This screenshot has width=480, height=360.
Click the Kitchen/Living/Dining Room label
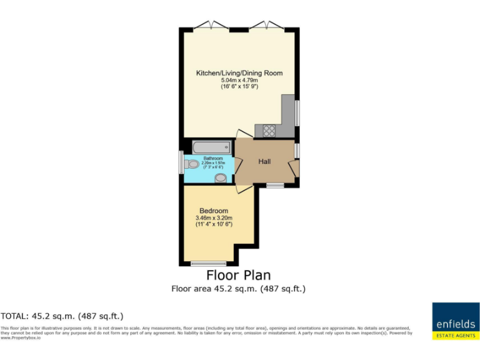click(239, 73)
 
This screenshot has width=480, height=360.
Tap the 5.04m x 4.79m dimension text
click(239, 80)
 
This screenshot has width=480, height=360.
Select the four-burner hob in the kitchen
click(270, 131)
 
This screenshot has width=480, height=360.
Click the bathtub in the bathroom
click(212, 147)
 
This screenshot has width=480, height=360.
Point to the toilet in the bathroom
click(192, 164)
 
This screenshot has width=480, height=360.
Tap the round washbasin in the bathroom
click(221, 178)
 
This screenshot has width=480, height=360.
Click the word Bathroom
click(212, 159)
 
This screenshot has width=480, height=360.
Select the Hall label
click(265, 162)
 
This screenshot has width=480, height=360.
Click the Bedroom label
click(214, 211)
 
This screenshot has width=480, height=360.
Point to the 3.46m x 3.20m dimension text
click(214, 218)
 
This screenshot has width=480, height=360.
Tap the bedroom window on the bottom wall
click(209, 264)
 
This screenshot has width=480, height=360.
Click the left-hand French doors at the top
click(211, 27)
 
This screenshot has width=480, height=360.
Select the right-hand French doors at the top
click(267, 27)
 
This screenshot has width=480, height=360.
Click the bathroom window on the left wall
click(181, 162)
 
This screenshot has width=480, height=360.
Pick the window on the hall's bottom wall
click(275, 185)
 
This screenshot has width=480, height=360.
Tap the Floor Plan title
click(239, 276)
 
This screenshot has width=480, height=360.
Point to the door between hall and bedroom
click(244, 188)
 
